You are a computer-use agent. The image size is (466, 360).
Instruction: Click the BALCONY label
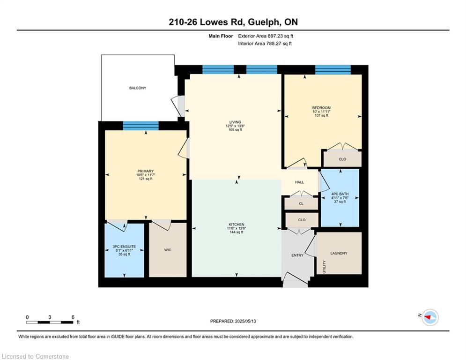[138, 88]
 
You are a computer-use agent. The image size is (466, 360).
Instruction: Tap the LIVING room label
[235, 122]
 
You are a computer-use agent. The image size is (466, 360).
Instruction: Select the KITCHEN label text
[237, 225]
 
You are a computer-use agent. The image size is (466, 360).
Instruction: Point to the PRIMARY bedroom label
[146, 171]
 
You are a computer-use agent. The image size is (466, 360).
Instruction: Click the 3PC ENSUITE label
[124, 247]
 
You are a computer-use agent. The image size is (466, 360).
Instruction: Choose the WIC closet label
[168, 250]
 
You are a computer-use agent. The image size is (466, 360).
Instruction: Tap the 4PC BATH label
[340, 194]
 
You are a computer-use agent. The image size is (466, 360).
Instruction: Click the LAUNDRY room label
[339, 253]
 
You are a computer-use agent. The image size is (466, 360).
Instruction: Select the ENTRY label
[297, 255]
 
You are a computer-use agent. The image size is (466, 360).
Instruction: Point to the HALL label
[300, 182]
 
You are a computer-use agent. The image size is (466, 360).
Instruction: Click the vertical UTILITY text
[324, 267]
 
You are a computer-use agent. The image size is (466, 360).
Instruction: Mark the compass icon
[430, 317]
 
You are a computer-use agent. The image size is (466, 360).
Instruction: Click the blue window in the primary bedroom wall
[141, 126]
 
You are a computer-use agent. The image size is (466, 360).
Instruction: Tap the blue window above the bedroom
[333, 70]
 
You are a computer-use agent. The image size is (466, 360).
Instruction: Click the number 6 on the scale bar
[73, 317]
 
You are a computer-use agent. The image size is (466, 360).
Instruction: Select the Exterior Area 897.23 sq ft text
[266, 36]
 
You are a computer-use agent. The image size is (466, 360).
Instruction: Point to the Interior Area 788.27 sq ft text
[265, 44]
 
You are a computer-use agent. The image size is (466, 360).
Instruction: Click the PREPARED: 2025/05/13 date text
[233, 321]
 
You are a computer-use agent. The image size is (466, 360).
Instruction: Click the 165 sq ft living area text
[235, 130]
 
